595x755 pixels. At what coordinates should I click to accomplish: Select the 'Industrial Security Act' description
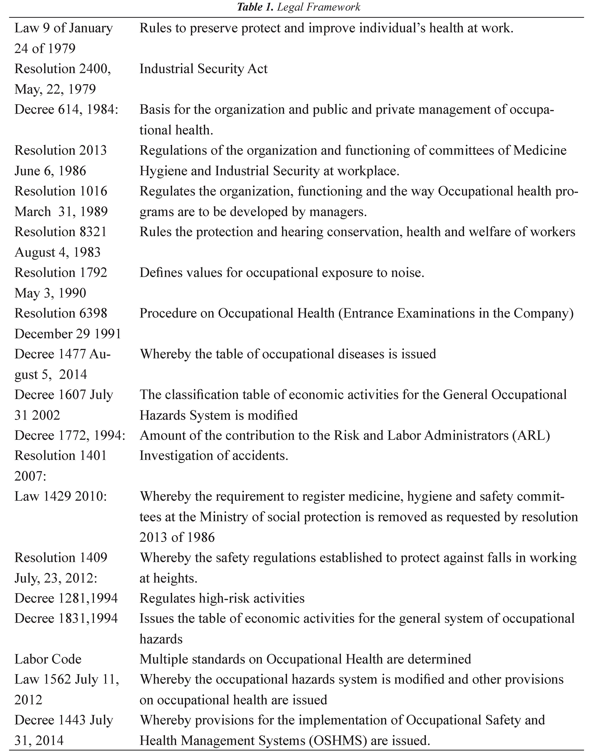(x=203, y=69)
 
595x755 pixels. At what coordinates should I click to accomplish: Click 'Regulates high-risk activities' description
(x=222, y=598)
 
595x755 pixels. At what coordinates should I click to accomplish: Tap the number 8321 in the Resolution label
(x=91, y=232)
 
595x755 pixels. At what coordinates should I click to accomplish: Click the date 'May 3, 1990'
(x=50, y=293)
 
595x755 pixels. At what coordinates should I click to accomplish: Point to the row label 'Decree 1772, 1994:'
(x=70, y=435)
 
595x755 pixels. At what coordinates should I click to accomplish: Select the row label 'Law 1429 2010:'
(x=61, y=496)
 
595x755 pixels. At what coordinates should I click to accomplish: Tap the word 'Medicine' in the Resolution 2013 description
(x=540, y=151)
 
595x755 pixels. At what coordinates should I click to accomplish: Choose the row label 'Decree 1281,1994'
(x=66, y=598)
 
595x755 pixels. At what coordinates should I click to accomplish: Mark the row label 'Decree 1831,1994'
(x=66, y=618)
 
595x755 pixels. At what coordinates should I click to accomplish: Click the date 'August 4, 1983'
(x=57, y=252)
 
